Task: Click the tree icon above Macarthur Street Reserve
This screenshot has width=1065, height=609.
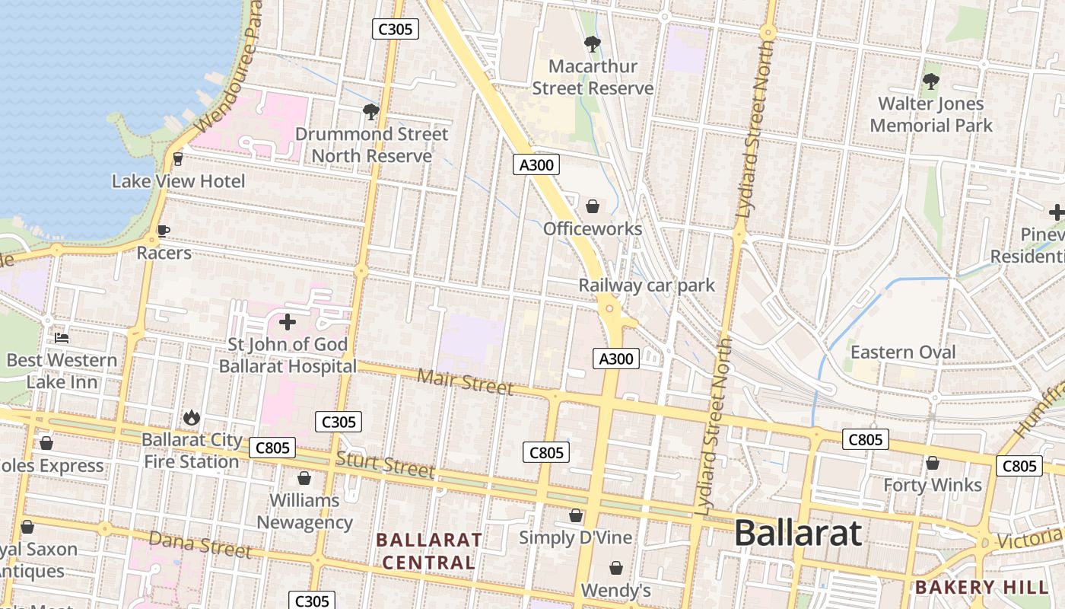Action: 592,44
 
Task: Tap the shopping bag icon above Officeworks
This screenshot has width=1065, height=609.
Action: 593,206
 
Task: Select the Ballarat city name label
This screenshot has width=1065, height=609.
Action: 798,533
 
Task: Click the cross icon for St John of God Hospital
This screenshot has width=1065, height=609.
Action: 288,322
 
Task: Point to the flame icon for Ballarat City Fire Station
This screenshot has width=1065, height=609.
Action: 191,417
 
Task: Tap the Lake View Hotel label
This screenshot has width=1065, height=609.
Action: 178,181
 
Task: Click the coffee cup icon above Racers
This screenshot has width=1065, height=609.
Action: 163,231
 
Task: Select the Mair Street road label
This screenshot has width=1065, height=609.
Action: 466,381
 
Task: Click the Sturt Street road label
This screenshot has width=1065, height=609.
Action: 385,464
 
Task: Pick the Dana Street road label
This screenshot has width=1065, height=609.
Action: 199,544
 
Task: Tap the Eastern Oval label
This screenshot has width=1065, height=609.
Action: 902,352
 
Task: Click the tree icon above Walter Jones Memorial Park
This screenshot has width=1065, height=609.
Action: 930,81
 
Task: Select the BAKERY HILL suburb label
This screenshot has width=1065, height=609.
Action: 981,587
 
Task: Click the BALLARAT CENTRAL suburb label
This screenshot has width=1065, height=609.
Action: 428,551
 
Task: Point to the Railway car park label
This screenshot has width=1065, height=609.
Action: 647,285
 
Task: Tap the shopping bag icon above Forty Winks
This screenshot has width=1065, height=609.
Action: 933,463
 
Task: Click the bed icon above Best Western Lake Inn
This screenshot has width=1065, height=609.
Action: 62,337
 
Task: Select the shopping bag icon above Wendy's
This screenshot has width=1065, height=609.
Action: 615,568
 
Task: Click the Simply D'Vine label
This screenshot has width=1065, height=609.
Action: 575,537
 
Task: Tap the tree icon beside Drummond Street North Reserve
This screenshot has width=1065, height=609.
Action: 370,112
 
